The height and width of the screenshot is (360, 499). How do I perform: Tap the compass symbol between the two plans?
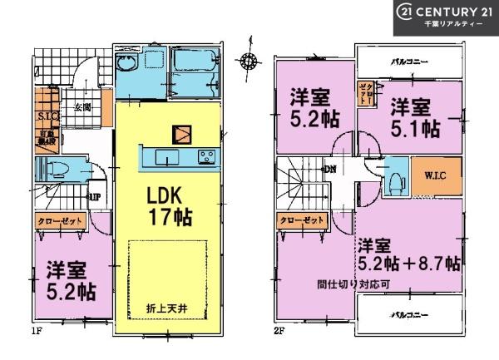click(x=247, y=59)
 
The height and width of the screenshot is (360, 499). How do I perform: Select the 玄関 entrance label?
click(x=82, y=107)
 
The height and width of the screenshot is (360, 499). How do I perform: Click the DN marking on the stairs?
click(x=330, y=170)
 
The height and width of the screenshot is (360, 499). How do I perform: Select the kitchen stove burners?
click(x=205, y=158)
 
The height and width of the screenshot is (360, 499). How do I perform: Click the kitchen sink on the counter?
click(x=165, y=158)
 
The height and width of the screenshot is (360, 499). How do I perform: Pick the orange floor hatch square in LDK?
click(x=180, y=133)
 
